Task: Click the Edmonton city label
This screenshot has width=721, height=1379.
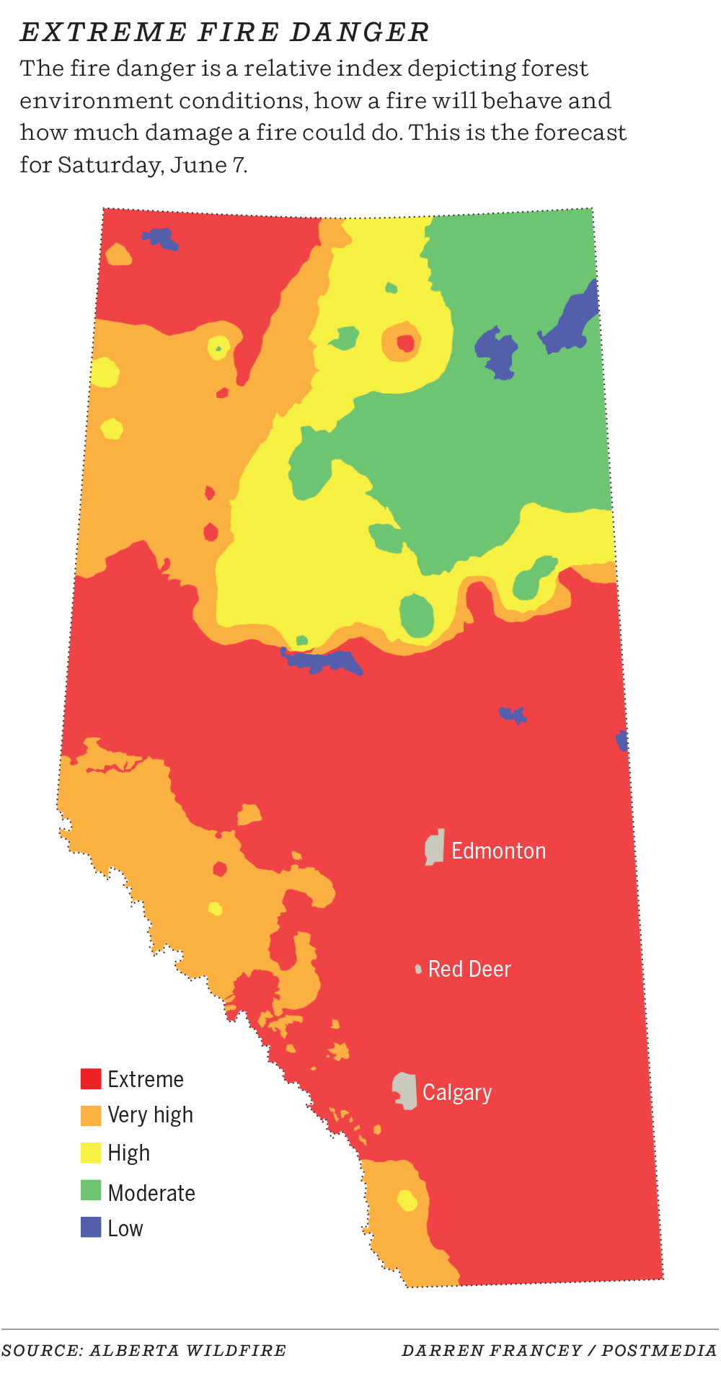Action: tap(498, 851)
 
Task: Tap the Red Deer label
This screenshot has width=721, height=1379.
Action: tap(469, 969)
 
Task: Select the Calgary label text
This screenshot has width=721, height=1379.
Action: tap(457, 1093)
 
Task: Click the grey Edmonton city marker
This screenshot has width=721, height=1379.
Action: tap(435, 847)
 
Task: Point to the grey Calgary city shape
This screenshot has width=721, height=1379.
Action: tap(405, 1091)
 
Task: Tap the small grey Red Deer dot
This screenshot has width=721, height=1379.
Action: tap(418, 969)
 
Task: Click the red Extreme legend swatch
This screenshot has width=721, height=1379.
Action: tap(91, 1078)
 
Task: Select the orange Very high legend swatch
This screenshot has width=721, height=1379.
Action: tap(91, 1115)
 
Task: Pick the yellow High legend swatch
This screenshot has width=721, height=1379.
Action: tap(91, 1153)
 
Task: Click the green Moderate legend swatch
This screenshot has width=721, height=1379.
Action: tap(91, 1190)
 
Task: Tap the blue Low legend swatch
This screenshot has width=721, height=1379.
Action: tap(91, 1227)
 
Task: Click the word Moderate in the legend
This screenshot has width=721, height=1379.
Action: tap(151, 1193)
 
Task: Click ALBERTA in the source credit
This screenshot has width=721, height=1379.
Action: tap(133, 1350)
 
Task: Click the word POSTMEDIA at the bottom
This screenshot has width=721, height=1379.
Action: tap(659, 1350)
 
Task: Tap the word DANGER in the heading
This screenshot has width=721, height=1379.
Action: tap(360, 32)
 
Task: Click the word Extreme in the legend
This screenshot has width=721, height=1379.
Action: tap(146, 1079)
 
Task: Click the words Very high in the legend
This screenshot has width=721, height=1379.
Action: tap(150, 1115)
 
